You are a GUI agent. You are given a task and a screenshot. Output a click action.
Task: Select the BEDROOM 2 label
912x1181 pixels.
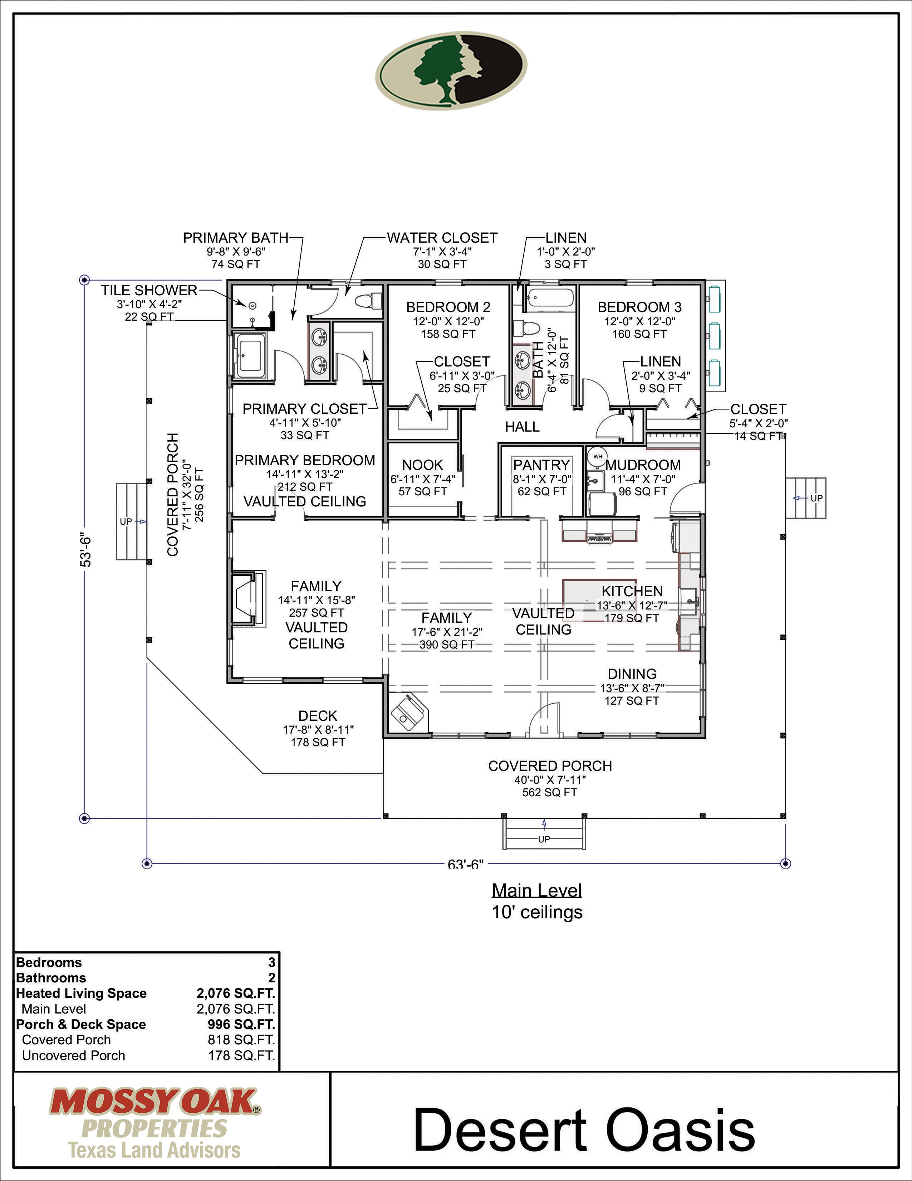[x=448, y=307]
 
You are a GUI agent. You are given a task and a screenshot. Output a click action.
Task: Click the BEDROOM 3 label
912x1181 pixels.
[x=640, y=307]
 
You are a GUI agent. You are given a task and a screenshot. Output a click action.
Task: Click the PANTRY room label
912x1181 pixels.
[x=541, y=465]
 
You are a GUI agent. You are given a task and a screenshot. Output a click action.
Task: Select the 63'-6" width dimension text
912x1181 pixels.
[x=465, y=864]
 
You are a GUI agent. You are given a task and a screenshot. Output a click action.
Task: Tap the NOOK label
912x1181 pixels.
[x=422, y=465]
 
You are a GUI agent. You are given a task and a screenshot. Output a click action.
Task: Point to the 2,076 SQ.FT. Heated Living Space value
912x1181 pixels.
[x=236, y=993]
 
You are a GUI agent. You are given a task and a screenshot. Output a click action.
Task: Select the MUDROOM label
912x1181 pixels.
[x=643, y=465]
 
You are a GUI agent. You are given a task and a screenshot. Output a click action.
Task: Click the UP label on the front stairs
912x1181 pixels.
[x=544, y=839]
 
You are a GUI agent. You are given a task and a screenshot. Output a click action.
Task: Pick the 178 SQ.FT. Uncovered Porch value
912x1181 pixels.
[x=241, y=1055]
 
